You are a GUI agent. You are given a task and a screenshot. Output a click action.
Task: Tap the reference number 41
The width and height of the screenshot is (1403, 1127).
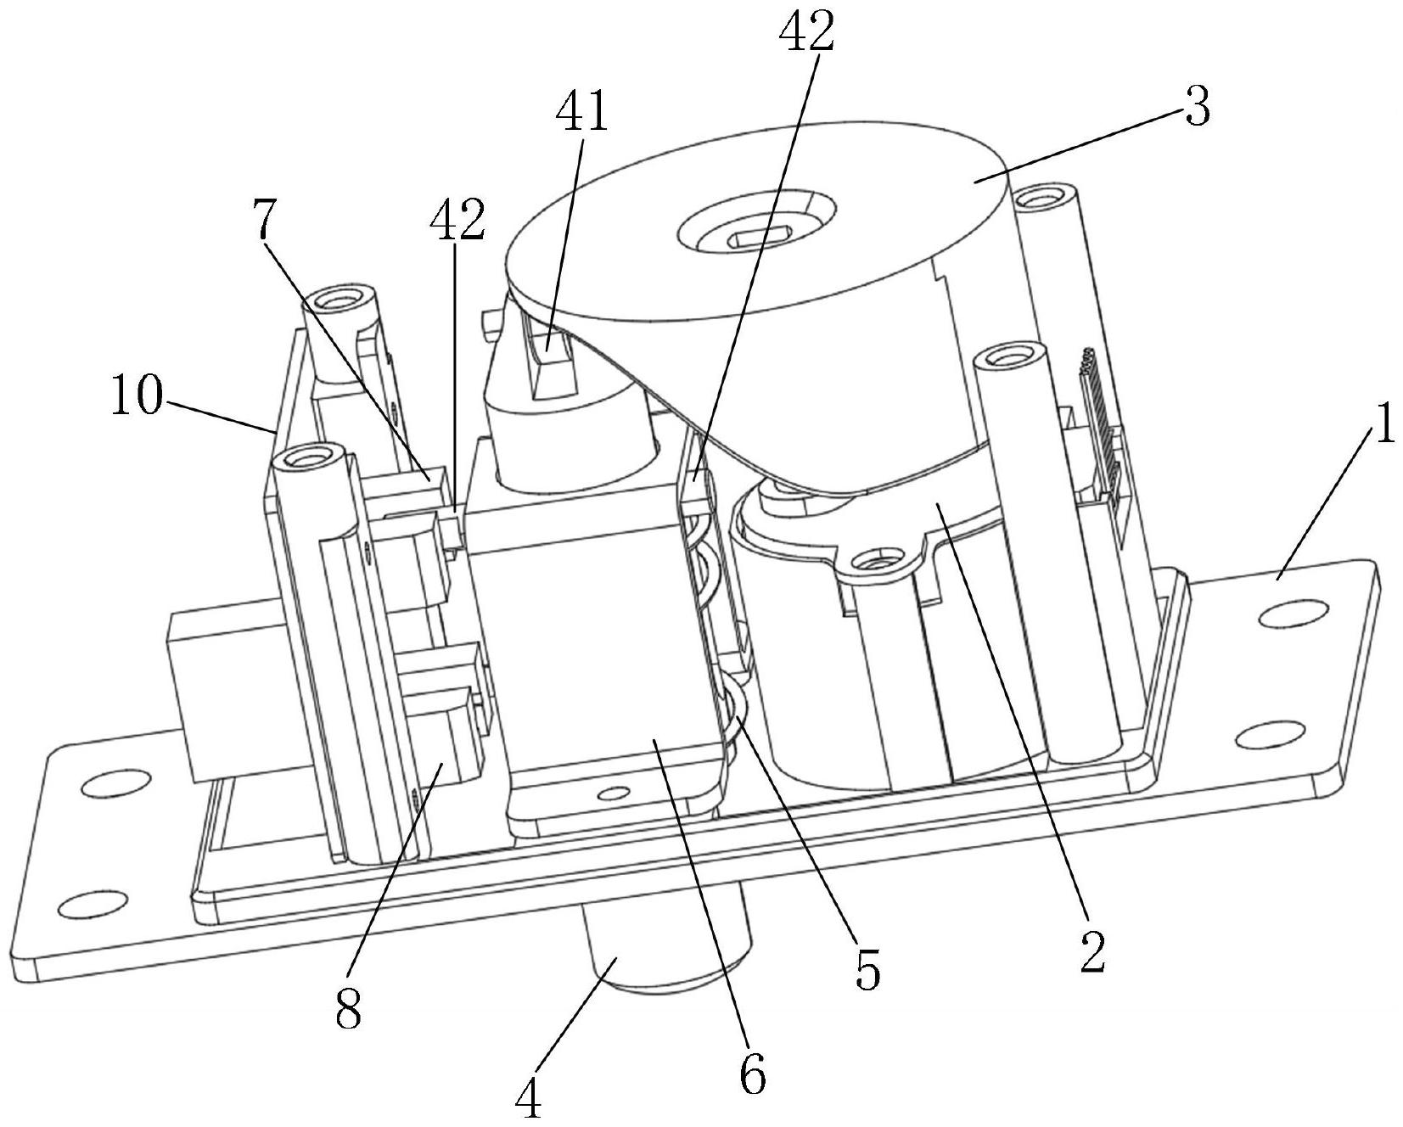[582, 111]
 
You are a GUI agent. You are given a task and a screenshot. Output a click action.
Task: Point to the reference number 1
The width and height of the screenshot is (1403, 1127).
[1384, 425]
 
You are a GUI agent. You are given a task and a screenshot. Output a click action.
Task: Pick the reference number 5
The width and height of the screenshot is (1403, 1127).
[867, 968]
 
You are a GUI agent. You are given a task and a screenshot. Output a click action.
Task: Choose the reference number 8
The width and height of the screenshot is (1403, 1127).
[348, 1009]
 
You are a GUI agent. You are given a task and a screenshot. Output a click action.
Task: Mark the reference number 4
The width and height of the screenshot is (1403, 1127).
[528, 1102]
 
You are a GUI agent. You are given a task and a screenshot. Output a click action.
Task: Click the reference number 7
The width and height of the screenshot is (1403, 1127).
[266, 220]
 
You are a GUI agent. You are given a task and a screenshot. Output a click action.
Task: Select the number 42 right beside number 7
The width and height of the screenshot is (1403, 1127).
[457, 220]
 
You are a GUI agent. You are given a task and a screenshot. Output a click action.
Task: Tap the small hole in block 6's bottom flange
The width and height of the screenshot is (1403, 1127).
[611, 794]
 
